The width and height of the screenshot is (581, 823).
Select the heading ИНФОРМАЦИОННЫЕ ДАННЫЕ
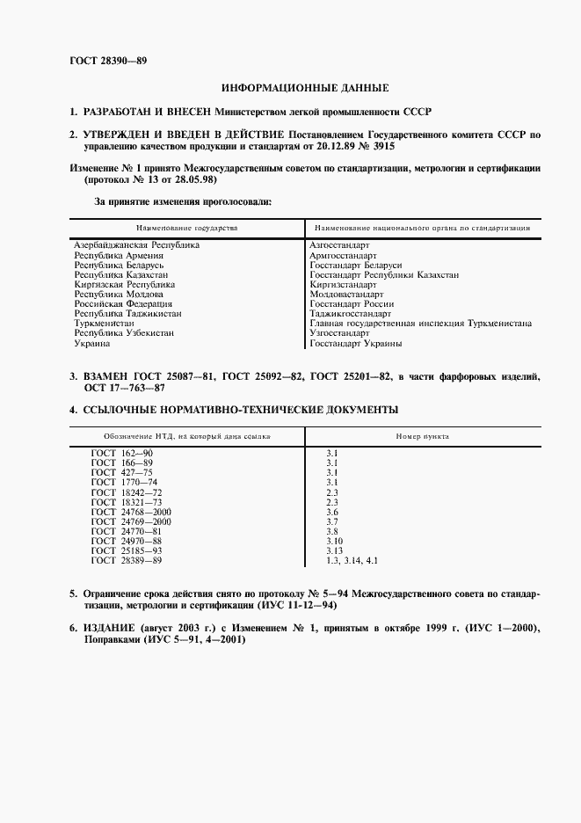pyautogui.click(x=304, y=88)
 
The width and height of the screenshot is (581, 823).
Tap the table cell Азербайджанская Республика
pyautogui.click(x=136, y=244)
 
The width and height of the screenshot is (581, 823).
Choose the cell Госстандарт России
pyautogui.click(x=350, y=304)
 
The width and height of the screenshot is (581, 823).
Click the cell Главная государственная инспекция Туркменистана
pyautogui.click(x=420, y=324)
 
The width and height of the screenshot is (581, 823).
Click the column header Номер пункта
pyautogui.click(x=423, y=435)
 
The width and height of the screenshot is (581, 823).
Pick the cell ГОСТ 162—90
pyautogui.click(x=122, y=452)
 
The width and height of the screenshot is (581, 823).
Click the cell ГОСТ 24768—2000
pyautogui.click(x=131, y=511)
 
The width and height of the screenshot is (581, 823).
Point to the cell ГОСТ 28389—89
pyautogui.click(x=127, y=560)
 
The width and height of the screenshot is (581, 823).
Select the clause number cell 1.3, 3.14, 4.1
pyautogui.click(x=352, y=560)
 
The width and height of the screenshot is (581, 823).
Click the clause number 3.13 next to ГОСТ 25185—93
pyautogui.click(x=335, y=550)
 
